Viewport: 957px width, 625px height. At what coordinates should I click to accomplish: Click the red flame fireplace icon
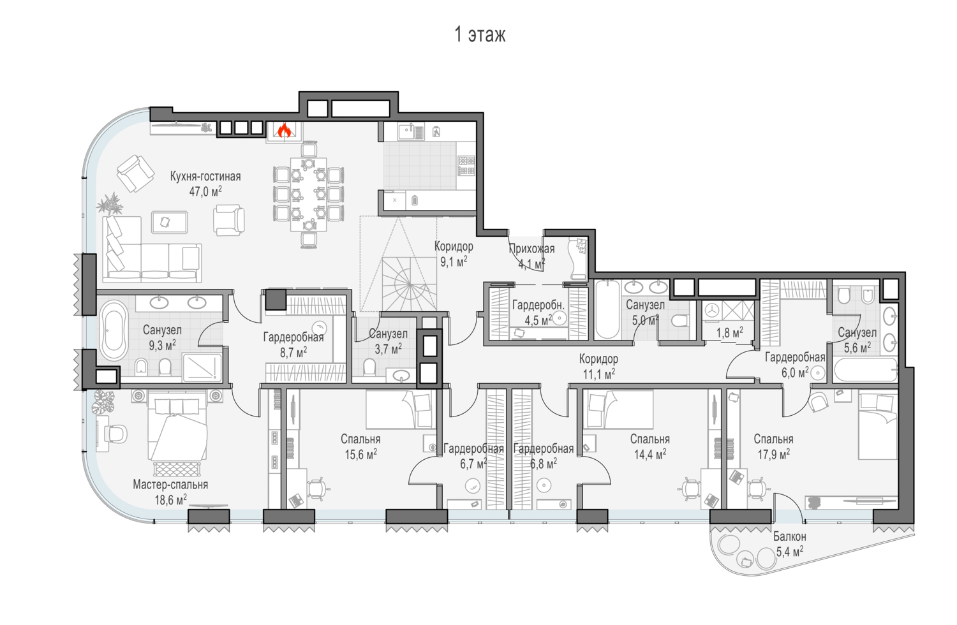(284, 131)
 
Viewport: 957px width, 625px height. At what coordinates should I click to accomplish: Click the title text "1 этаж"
(480, 34)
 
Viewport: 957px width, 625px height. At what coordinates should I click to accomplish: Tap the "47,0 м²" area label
(205, 191)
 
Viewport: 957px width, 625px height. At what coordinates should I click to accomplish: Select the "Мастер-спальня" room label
(170, 485)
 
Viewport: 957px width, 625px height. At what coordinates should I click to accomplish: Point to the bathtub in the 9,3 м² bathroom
(114, 330)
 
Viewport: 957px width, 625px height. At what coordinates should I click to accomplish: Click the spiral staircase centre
(410, 284)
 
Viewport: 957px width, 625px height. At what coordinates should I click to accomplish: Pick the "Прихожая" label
(532, 249)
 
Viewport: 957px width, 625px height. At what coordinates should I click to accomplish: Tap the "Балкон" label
(790, 536)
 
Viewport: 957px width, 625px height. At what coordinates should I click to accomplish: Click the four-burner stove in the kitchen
(466, 166)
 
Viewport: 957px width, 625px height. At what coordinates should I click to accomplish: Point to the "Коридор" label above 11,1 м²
(598, 359)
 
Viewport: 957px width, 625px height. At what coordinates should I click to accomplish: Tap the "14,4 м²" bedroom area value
(650, 454)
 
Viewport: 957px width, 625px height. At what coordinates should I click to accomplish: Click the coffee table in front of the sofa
(169, 222)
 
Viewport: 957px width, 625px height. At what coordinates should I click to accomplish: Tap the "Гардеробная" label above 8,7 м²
(293, 337)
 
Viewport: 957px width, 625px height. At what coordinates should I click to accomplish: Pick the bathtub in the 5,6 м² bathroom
(864, 370)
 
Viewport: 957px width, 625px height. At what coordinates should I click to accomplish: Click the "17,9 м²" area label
(774, 453)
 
